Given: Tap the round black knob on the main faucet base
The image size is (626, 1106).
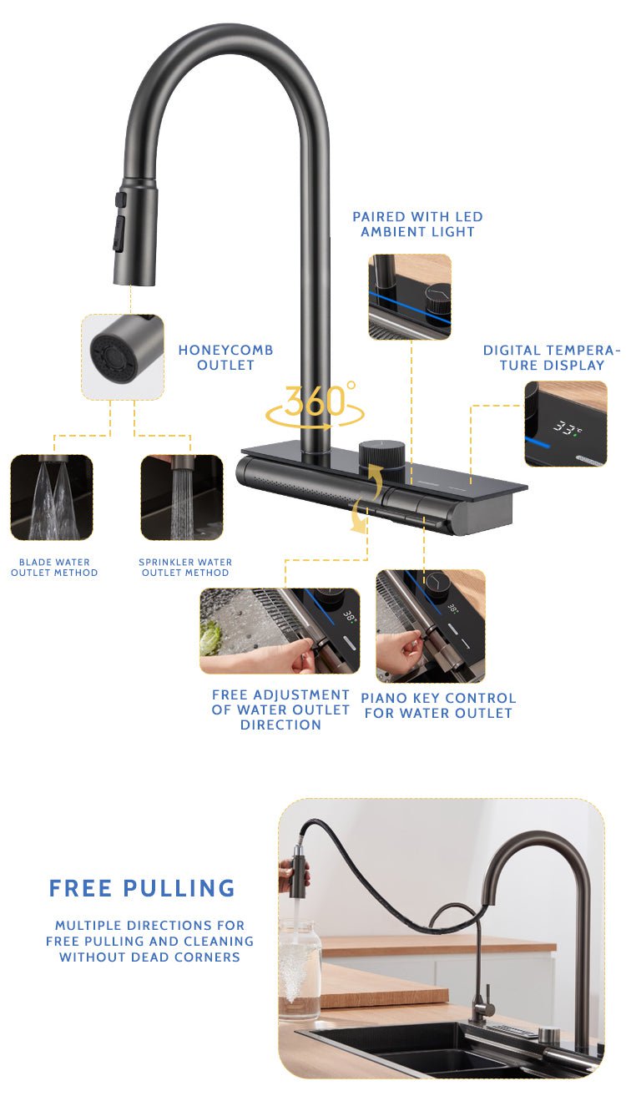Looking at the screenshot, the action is tap(381, 460).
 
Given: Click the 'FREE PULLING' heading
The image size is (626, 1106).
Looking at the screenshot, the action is tap(142, 887).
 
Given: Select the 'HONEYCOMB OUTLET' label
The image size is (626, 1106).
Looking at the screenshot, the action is tap(225, 357).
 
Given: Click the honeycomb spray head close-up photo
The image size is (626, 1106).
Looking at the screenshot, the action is tap(123, 356).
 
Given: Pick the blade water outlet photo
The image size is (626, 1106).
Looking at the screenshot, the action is tap(52, 497).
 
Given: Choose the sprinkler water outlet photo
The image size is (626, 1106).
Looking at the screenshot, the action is tap(182, 497).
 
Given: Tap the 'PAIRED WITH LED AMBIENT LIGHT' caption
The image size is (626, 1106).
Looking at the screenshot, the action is tap(417, 224).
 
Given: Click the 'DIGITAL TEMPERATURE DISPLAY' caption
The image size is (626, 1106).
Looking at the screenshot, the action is tap(552, 357).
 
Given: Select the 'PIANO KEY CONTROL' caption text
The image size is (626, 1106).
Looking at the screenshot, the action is tap(438, 698).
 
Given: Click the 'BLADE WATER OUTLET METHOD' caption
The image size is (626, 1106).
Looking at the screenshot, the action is tap(54, 568).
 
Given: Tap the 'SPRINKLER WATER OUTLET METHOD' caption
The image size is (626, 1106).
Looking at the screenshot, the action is tap(185, 568).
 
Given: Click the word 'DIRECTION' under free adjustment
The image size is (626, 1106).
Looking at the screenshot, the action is tap(281, 725).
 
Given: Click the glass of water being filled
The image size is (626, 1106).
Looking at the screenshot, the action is tap(300, 969).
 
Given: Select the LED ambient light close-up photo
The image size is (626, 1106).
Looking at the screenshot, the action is tap(410, 297).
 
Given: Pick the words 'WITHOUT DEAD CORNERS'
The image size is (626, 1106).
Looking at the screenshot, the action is tap(149, 957).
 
